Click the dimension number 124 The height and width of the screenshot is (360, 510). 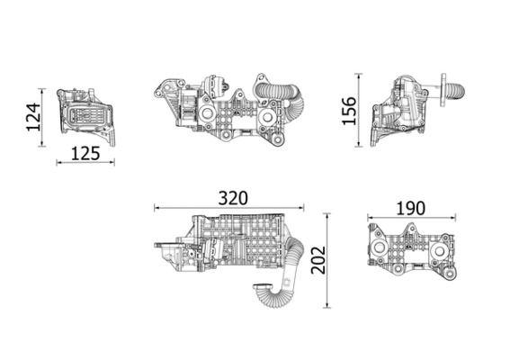[33, 118]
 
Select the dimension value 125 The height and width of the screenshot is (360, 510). [85, 152]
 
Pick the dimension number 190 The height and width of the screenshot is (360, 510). [410, 207]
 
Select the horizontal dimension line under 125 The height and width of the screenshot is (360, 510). [85, 163]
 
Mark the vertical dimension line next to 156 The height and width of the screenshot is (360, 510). [362, 112]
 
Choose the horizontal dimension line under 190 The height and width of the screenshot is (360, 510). [410, 218]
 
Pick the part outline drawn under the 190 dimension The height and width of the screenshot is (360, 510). [409, 252]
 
